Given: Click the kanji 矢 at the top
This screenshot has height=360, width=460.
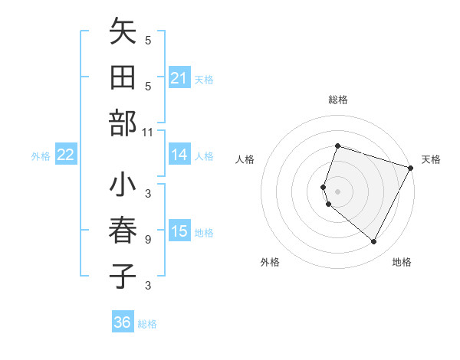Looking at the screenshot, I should pos(123,34).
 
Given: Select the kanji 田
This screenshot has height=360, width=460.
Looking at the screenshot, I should pos(123,79).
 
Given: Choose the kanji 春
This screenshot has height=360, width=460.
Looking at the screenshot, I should pos(123,231).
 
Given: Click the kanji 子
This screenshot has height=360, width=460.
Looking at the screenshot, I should pos(123,277).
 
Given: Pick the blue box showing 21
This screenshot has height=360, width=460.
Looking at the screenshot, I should pos(179,78).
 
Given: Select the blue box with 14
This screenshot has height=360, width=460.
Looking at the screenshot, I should pos(179,155).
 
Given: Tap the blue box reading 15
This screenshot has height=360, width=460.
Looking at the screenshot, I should pos(179,231).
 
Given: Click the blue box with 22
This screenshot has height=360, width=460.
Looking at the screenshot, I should pos(66,155).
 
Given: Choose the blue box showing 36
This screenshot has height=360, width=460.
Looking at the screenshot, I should pos(123,322).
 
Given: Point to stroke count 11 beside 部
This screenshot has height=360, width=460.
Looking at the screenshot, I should pos(148,133).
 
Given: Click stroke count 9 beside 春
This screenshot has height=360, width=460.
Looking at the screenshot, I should pos(148,240).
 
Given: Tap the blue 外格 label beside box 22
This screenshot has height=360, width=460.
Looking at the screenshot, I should pos(41,155).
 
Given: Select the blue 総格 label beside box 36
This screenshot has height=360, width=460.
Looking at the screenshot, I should pos(147,323).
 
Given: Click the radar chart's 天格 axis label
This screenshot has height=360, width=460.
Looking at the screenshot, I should pos(431,159).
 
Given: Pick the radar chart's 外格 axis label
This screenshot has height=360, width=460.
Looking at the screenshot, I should pos(270,262).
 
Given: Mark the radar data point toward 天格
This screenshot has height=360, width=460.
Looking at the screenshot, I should pos(411,168).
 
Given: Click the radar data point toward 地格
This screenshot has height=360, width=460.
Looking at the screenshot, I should pos(373,241).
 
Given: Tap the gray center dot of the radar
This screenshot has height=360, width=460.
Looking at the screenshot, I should pos(337,191).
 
